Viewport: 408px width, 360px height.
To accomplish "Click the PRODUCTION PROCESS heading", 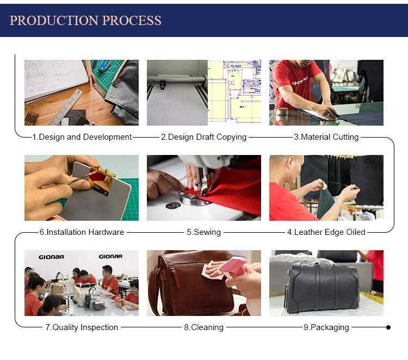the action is point(85,21).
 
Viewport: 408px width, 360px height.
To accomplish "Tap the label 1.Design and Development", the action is point(82,137).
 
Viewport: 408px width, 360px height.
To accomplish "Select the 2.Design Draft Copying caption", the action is point(204,137).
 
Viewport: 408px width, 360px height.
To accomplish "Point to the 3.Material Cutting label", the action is point(326,137).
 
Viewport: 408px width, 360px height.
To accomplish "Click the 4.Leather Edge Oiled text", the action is point(326,232).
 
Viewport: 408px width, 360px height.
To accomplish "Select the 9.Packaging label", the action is point(326,327).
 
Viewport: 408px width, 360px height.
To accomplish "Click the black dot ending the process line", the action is point(388,327).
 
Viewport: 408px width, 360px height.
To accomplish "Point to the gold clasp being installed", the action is point(103,181).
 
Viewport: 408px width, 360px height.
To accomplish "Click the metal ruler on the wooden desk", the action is point(66,107).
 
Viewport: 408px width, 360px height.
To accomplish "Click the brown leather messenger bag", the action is point(193,283).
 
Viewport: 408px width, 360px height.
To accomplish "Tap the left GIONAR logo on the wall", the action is point(51,257).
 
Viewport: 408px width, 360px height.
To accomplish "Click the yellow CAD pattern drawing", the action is point(234,91).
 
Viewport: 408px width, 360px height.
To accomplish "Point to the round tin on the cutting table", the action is point(282,111).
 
